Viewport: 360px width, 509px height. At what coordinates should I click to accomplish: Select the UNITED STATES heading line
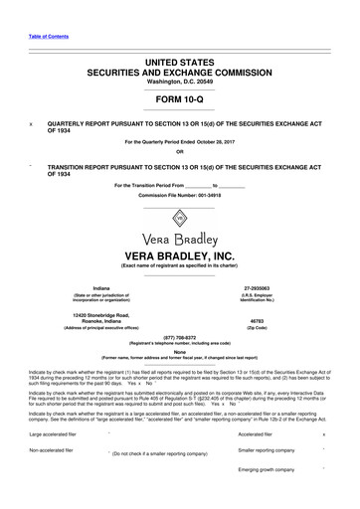(179, 62)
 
